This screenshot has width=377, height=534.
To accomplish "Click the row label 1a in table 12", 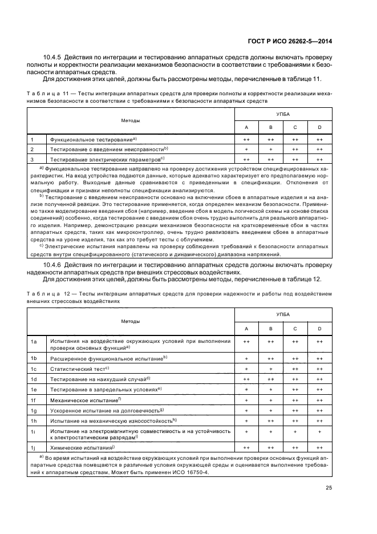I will pos(33,341).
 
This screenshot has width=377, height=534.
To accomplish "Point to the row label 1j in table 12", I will pos(33,448).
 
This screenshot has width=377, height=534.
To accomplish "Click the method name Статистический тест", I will pos(71,369).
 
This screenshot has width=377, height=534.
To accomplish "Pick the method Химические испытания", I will pos(75,448).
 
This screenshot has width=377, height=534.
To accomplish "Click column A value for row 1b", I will pos(246,358).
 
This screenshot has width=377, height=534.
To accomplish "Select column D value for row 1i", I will pos(319,432).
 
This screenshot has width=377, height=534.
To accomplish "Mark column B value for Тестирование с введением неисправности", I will pos(270,149).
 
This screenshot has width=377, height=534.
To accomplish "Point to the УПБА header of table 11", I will pos(283,115).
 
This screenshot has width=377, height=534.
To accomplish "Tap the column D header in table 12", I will pos(319,328).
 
